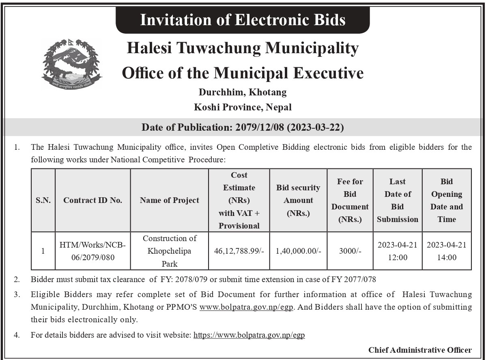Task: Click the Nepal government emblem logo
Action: coord(71,64)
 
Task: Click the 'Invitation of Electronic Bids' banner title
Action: coord(243,19)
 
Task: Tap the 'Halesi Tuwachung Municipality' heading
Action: coord(243,48)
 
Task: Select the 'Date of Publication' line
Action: coord(243,127)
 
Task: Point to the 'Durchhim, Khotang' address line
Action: coord(243,92)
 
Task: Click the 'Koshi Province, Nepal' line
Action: coord(243,108)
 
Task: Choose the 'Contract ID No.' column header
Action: coord(92,200)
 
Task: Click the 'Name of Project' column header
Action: coord(170,200)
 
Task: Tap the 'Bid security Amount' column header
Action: coord(298,200)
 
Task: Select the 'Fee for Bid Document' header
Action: coord(350,200)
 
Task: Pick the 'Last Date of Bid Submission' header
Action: coord(397,200)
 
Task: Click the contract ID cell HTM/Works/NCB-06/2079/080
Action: coord(92,251)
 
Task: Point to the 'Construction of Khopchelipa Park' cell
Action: coord(170,251)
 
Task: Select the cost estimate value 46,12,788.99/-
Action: coord(239,251)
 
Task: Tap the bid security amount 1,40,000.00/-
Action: coord(298,251)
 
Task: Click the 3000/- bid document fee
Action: coord(350,251)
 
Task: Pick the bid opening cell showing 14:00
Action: coord(446,251)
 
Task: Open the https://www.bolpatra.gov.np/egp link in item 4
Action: coord(249,335)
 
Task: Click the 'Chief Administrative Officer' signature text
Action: coord(420,350)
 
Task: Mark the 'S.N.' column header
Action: coord(43,200)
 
